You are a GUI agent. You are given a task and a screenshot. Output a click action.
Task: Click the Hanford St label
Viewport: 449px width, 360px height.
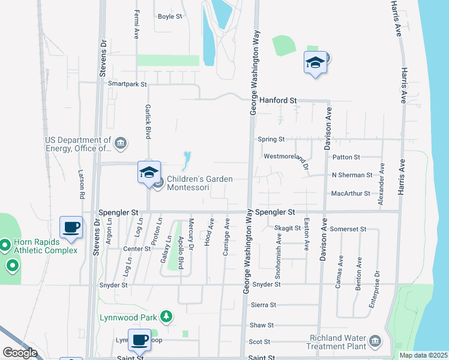coord(278,100)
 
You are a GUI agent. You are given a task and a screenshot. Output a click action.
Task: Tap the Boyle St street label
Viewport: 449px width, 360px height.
coord(170,16)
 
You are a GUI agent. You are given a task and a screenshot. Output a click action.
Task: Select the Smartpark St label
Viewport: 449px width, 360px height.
coord(127,85)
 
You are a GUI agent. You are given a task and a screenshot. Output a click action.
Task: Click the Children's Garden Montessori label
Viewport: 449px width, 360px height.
coord(188,183)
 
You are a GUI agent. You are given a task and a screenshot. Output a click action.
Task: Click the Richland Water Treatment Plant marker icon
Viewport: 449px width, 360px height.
coord(375,341)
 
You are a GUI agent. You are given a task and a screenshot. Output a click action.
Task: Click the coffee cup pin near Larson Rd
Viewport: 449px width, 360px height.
coord(71,227)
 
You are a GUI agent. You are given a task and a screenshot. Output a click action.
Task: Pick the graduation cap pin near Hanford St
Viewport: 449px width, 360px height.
coord(315,63)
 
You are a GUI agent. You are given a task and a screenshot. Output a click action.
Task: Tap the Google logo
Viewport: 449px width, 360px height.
coord(20,352)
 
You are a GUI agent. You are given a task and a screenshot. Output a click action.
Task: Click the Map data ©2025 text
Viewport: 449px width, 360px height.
coord(424,355)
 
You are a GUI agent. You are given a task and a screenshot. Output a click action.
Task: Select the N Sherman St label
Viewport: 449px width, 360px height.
coord(352,175)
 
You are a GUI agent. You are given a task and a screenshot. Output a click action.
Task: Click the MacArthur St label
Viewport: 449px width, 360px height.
coord(351,194)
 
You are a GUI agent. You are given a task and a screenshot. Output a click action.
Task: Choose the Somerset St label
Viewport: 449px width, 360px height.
coord(348,229)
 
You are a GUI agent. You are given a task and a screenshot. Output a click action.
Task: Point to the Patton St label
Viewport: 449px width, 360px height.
coord(345,157)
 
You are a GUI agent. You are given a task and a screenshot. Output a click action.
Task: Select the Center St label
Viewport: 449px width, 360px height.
coord(136,248)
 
